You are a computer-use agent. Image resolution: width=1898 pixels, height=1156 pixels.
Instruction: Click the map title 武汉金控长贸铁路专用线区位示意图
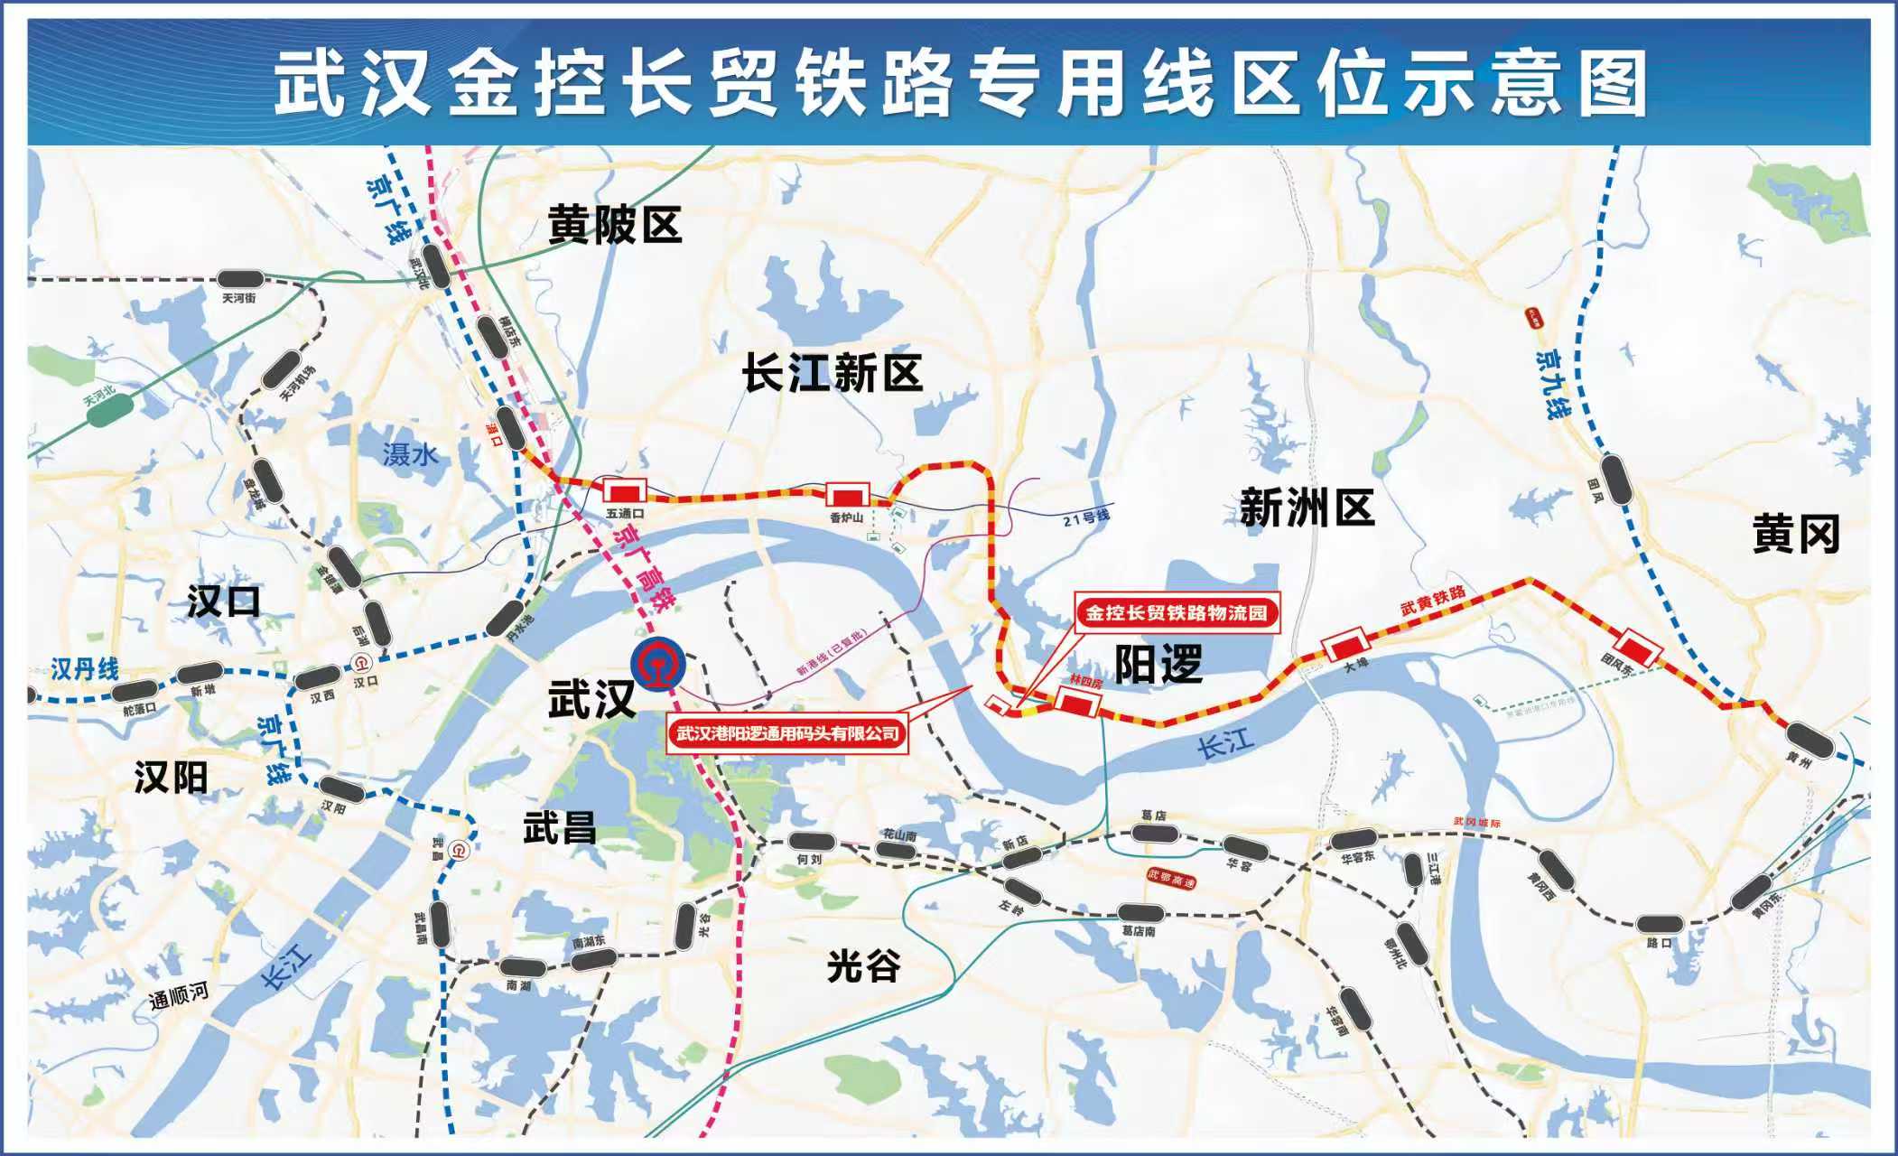pyautogui.click(x=961, y=83)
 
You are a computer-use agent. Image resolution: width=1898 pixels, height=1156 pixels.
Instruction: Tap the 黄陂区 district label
pyautogui.click(x=614, y=224)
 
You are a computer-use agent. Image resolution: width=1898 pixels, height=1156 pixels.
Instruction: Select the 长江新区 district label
pyautogui.click(x=832, y=373)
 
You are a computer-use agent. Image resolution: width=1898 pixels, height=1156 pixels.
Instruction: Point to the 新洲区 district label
pyautogui.click(x=1307, y=508)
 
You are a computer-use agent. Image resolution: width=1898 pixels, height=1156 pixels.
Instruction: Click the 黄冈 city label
pyautogui.click(x=1795, y=534)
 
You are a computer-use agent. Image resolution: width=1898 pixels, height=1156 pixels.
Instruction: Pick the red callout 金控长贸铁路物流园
pyautogui.click(x=1176, y=613)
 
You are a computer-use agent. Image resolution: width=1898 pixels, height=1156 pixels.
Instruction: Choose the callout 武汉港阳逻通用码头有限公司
pyautogui.click(x=788, y=732)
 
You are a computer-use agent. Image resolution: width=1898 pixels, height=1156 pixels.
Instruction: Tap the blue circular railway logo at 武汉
pyautogui.click(x=658, y=666)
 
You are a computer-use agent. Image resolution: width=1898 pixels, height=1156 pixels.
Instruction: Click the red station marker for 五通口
pyautogui.click(x=625, y=491)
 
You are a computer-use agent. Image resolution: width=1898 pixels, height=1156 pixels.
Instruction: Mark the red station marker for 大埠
pyautogui.click(x=1345, y=646)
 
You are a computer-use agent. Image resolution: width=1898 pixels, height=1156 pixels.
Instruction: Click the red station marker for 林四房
pyautogui.click(x=1078, y=701)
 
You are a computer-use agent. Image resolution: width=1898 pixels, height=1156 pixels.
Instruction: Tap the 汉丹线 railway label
pyautogui.click(x=84, y=669)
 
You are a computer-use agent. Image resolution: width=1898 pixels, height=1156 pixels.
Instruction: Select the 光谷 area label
pyautogui.click(x=863, y=966)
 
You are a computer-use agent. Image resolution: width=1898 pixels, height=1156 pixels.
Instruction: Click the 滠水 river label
pyautogui.click(x=410, y=453)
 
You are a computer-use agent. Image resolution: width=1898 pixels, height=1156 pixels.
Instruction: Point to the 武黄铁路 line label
pyautogui.click(x=1433, y=600)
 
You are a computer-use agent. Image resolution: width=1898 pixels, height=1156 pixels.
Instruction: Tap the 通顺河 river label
pyautogui.click(x=178, y=995)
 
